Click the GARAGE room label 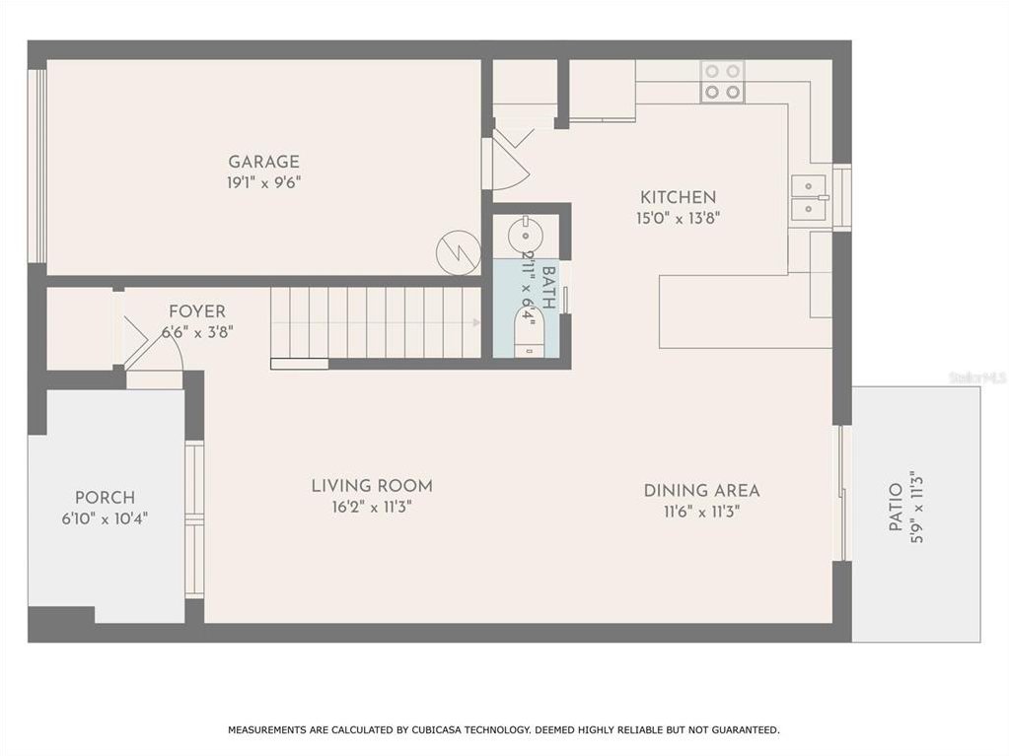coord(263,162)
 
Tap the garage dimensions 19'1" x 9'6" coord(263,182)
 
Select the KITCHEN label coord(678,197)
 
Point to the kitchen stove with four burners coord(722,82)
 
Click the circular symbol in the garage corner coord(459,252)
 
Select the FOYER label coord(197,311)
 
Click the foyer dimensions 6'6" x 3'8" coord(197,332)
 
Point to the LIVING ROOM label coord(372,486)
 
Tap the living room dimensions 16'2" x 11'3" coord(372,507)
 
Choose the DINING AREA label coord(701,491)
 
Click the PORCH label coord(105,498)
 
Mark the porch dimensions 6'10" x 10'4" coord(105,518)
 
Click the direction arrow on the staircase coord(476,322)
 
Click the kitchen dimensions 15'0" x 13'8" coord(678,218)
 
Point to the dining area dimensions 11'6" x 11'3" coord(701,512)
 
